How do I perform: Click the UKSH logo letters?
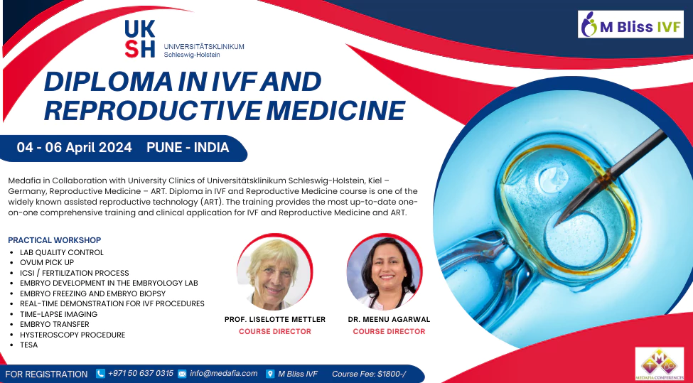(140, 38)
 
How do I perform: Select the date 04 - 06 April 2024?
(75, 148)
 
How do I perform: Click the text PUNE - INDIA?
(188, 148)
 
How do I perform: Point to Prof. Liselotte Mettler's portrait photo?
(275, 271)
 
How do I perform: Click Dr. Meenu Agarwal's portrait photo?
(385, 271)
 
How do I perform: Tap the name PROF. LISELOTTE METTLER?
(274, 320)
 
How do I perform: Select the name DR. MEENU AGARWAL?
(389, 320)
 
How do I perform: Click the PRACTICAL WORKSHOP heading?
(54, 240)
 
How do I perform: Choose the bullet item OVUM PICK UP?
(47, 263)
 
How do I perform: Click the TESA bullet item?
(29, 345)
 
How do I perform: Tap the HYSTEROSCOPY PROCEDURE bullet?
(72, 335)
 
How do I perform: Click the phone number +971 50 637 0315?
(140, 373)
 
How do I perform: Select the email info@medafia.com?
(223, 373)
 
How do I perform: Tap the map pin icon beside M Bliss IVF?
(270, 374)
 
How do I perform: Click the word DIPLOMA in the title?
(105, 82)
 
